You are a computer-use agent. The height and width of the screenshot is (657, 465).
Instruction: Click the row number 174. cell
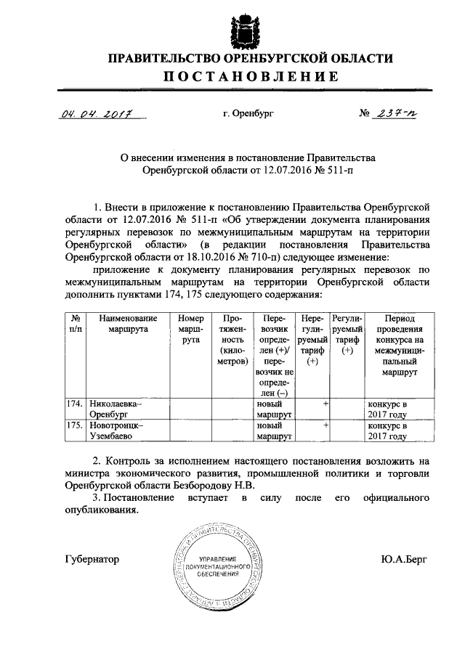coord(73,403)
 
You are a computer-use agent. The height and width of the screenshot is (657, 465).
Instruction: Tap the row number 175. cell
coord(73,425)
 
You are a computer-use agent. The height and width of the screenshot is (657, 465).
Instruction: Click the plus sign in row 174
coord(325,403)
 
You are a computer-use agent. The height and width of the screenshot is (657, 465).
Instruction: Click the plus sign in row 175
coord(325,425)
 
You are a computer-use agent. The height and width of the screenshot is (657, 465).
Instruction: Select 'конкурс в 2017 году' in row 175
coord(392,431)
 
